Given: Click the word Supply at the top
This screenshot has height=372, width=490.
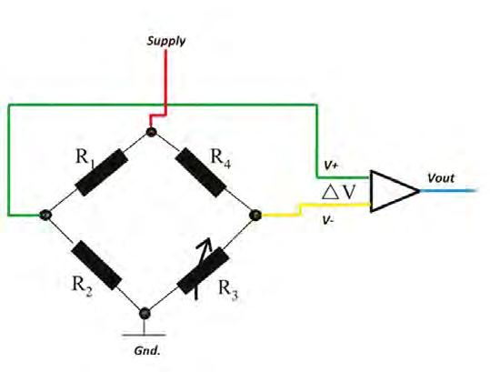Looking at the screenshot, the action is [x=166, y=41].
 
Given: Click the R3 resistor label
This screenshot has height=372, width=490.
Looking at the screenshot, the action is [x=228, y=289].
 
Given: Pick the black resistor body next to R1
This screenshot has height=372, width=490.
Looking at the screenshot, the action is [x=102, y=172].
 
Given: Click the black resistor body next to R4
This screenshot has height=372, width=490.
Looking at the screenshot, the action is [x=200, y=172].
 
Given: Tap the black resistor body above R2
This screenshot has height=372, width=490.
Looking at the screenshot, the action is [x=96, y=265].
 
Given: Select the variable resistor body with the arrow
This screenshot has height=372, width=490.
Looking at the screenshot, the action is [x=203, y=271].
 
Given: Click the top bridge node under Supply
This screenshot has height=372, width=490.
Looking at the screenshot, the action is [x=151, y=132].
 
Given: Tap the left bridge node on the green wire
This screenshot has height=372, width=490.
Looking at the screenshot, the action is [x=45, y=215].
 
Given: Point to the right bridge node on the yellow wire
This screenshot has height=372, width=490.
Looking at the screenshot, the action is [x=256, y=215].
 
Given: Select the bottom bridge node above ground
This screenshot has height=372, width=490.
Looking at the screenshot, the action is [x=145, y=313].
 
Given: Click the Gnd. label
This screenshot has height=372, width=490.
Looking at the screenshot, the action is [x=147, y=351].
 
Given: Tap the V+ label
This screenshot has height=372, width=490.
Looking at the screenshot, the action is [x=331, y=166].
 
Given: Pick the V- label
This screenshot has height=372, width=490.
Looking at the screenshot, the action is [x=328, y=221].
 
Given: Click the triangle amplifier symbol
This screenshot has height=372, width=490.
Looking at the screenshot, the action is [x=395, y=191].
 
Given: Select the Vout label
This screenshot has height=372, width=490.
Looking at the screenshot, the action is [x=441, y=178].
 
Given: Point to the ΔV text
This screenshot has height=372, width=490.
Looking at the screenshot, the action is [x=339, y=192].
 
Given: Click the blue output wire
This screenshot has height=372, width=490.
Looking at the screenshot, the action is [x=449, y=190].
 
